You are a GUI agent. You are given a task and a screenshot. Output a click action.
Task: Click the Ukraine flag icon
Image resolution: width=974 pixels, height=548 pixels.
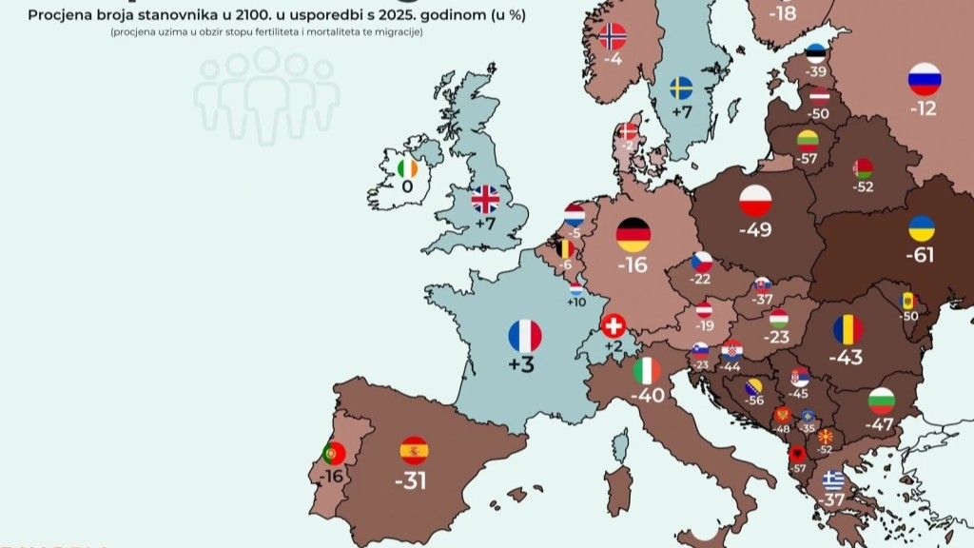pyautogui.click(x=921, y=228)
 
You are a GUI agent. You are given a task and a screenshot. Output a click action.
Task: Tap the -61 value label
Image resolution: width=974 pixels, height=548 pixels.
pyautogui.click(x=921, y=255)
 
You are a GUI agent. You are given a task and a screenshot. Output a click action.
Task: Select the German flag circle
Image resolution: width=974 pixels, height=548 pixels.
pyautogui.click(x=633, y=234)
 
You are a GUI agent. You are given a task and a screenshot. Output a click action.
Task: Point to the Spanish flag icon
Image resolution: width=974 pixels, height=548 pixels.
pyautogui.click(x=414, y=450)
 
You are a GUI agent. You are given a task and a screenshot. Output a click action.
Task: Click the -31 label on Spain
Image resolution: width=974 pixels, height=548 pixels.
pyautogui.click(x=412, y=481)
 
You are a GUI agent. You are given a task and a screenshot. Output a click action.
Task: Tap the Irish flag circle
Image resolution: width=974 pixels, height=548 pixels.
pyautogui.click(x=407, y=168)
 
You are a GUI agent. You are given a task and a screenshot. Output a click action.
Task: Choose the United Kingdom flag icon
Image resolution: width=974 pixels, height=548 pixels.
pyautogui.click(x=485, y=198)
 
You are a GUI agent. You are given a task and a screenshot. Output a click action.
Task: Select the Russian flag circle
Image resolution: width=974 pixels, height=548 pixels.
pyautogui.click(x=924, y=79)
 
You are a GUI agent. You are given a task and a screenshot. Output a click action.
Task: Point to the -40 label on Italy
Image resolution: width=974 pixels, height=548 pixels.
pyautogui.click(x=647, y=397)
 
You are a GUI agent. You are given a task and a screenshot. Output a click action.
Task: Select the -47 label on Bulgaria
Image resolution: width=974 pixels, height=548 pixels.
pyautogui.click(x=881, y=424)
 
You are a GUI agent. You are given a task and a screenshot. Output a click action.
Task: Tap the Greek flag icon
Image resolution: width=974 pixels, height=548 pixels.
pyautogui.click(x=833, y=479)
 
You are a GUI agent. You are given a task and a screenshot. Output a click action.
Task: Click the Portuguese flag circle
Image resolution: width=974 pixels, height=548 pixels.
pyautogui.click(x=333, y=452)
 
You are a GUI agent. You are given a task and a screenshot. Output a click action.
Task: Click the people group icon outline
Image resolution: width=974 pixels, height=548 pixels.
pyautogui.click(x=267, y=95)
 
